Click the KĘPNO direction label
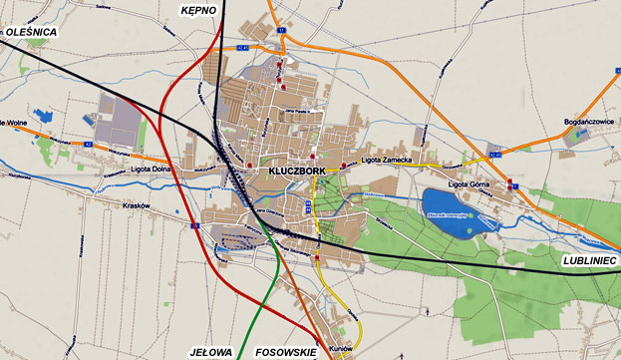click(198, 9)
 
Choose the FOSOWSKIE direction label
click(286, 352)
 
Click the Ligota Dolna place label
click(151, 169)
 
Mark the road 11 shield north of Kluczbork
click(282, 31)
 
